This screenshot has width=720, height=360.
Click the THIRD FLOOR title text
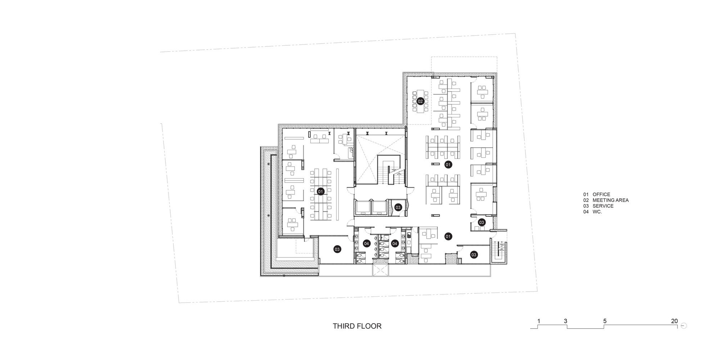click(x=357, y=326)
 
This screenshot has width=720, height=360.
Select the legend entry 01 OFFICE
click(x=597, y=194)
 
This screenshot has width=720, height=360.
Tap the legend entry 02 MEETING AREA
click(x=606, y=200)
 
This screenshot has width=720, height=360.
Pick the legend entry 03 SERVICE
click(x=598, y=206)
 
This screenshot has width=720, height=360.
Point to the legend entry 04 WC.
click(x=593, y=212)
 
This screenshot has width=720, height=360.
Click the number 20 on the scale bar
click(x=674, y=321)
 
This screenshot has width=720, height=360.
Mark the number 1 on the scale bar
click(x=539, y=321)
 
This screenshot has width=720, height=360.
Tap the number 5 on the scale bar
click(x=605, y=321)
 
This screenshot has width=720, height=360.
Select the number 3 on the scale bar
click(x=566, y=321)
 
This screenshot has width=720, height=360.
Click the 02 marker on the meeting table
click(x=420, y=102)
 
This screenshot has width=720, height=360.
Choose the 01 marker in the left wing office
click(x=320, y=192)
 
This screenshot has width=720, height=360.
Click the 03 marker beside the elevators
click(x=398, y=207)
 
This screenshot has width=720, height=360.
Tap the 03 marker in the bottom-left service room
click(x=337, y=249)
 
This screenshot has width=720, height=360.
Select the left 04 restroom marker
click(x=366, y=244)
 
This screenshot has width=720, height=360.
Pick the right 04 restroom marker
click(x=395, y=244)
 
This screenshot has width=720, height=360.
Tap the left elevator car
click(x=363, y=208)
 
